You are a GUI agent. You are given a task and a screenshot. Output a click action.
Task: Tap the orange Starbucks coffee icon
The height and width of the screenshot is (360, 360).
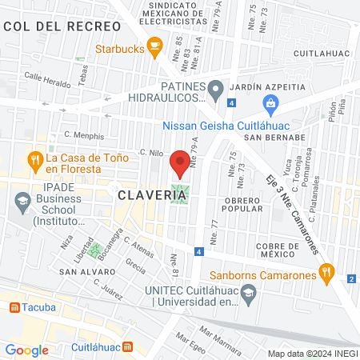point(154,44)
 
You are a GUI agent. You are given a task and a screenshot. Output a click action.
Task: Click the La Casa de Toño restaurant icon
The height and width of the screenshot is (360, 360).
point(35,159)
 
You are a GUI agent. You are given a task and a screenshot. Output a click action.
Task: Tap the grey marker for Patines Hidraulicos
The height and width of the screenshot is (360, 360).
point(215,91)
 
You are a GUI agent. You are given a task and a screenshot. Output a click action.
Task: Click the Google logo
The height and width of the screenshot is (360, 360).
point(27,350)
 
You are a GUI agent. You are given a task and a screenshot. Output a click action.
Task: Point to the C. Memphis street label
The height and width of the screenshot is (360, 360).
point(85,136)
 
